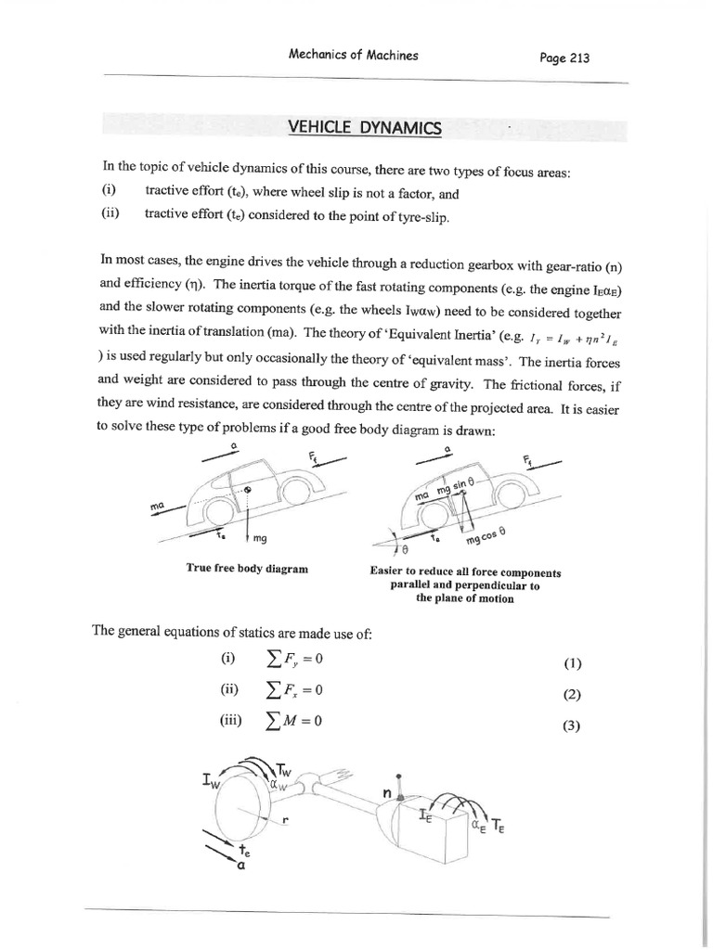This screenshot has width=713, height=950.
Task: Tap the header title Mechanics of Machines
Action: click(x=354, y=55)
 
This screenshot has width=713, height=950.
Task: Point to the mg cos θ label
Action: click(x=486, y=536)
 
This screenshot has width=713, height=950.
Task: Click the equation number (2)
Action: click(x=571, y=696)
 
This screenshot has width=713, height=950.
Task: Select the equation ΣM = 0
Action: click(x=292, y=723)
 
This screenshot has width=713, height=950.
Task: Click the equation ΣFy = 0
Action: click(x=292, y=661)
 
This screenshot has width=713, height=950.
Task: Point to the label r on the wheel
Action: click(x=287, y=816)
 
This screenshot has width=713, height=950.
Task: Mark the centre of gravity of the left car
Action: click(x=248, y=487)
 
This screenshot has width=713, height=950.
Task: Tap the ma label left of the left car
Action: click(x=158, y=507)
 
